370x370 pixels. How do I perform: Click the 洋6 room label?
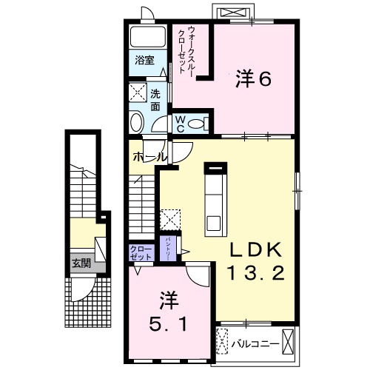tap(253, 78)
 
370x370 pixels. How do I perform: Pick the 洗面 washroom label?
tap(155, 100)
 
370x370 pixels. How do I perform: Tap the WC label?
tap(180, 124)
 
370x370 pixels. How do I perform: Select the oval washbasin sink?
tap(138, 124)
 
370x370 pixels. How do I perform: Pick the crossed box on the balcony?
tap(223, 341)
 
